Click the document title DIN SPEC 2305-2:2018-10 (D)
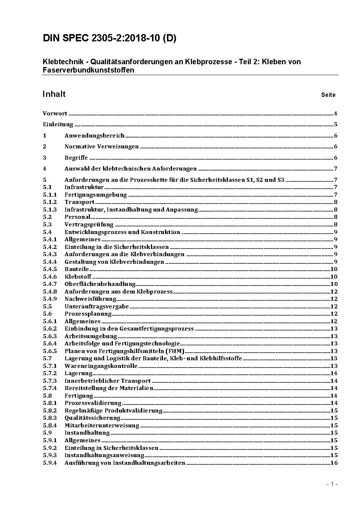(109, 38)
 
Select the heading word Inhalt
(54, 94)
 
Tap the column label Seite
(328, 95)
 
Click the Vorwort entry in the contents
(55, 114)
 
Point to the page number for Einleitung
(336, 124)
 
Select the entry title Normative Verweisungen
(102, 147)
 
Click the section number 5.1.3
(50, 209)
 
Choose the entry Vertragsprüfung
(89, 224)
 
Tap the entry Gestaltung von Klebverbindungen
(114, 262)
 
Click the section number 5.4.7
(50, 284)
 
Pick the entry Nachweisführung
(90, 299)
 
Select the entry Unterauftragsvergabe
(97, 306)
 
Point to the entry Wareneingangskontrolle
(101, 366)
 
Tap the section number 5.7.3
(50, 381)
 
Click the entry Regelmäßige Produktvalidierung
(113, 410)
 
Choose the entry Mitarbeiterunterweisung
(102, 425)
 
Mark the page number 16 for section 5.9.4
(334, 463)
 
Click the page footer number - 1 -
(332, 484)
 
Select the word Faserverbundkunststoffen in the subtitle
(88, 70)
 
